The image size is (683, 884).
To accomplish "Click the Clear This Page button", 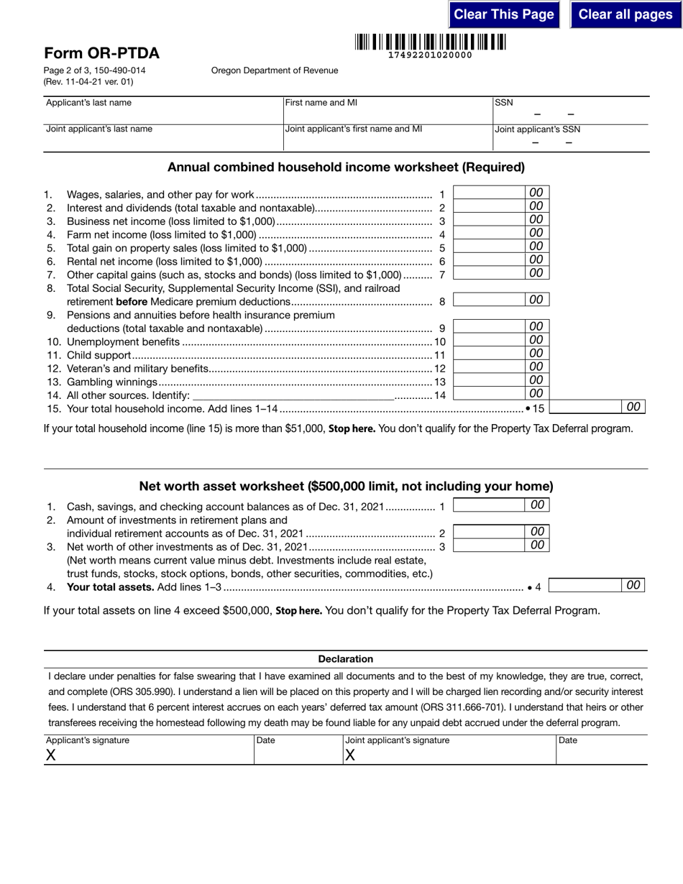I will (x=504, y=14).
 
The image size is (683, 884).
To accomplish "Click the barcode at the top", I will (x=430, y=42).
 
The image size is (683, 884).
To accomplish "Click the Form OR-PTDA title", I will (x=101, y=53).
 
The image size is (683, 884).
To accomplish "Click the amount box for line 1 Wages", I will (x=490, y=193).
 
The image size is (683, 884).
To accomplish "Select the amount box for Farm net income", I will (x=490, y=234).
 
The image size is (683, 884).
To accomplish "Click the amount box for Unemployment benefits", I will (x=490, y=341).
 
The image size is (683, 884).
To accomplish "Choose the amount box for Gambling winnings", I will (x=490, y=381).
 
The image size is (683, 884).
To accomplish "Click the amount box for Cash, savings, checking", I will (x=490, y=505).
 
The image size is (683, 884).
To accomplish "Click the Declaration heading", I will (x=346, y=659).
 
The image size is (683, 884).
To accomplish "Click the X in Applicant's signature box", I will (x=50, y=755).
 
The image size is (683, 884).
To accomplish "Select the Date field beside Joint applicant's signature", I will (x=601, y=752).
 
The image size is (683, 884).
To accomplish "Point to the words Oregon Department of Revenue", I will (x=274, y=70).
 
